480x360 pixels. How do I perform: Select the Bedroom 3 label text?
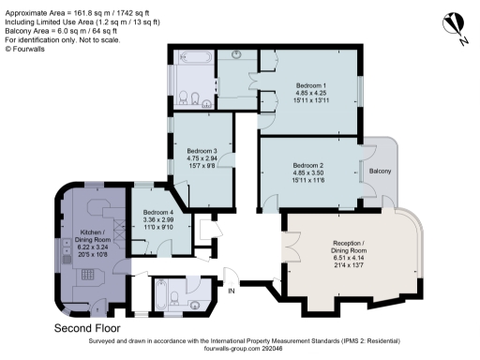click(x=202, y=158)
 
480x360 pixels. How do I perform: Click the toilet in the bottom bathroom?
click(x=190, y=303)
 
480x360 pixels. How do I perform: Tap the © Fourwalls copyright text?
click(x=24, y=49)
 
